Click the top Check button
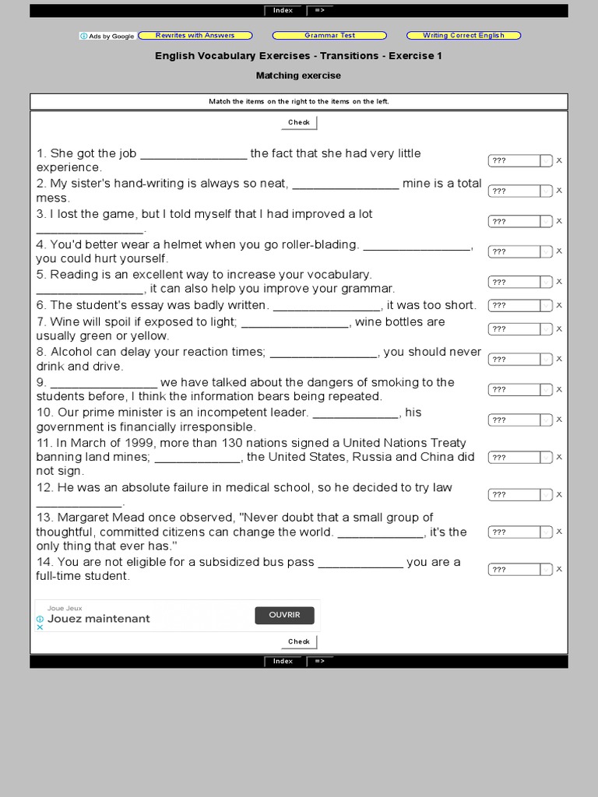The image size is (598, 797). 299,122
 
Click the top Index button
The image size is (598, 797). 283,11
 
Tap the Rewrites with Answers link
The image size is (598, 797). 195,36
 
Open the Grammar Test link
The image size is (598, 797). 329,36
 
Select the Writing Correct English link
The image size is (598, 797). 463,36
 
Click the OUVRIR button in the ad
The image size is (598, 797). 284,615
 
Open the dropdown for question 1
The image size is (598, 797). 520,160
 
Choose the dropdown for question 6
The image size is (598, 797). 520,305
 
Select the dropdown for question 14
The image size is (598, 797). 520,570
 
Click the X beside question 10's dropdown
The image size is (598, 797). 559,420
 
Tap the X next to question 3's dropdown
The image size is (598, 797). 559,221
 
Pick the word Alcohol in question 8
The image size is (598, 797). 72,352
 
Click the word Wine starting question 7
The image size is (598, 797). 64,321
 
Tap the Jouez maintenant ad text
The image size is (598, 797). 98,619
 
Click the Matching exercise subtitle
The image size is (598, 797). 298,75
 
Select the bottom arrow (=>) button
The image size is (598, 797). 320,662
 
